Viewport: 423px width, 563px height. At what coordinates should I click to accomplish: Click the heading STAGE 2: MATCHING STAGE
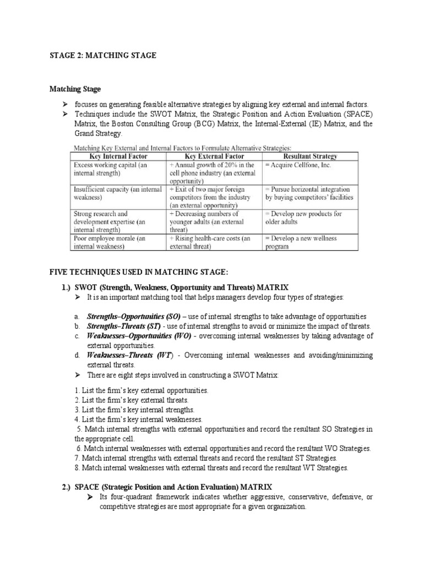102,56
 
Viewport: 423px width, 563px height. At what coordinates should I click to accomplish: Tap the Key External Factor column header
211,156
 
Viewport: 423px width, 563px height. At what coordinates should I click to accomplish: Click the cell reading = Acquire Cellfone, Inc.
298,165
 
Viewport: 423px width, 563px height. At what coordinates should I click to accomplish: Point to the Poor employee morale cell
111,242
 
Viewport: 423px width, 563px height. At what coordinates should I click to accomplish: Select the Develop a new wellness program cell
302,242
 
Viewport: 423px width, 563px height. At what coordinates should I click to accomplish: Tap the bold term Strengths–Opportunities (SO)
134,317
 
